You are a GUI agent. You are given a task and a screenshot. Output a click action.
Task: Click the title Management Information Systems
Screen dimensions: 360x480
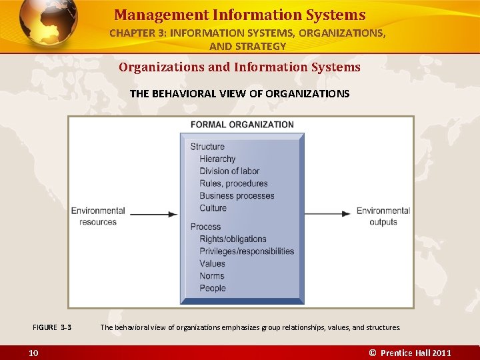[x=239, y=15]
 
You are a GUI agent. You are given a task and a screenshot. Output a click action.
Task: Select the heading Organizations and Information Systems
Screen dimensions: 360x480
[x=239, y=67]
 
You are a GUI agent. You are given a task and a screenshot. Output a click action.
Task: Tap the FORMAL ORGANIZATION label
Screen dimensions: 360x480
[x=242, y=125]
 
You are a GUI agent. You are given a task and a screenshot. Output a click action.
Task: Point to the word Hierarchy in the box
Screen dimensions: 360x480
[x=217, y=159]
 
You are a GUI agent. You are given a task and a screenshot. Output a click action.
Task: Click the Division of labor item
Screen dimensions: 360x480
[x=229, y=171]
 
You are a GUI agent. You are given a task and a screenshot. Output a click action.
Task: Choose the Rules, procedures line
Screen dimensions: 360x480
[x=233, y=183]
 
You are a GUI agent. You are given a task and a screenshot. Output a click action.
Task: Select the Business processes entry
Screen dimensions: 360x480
[x=237, y=196]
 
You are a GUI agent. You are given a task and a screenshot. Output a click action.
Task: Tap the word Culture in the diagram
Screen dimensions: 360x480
[x=213, y=208]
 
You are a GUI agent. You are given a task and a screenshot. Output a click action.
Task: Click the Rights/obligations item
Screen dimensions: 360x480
[x=233, y=239]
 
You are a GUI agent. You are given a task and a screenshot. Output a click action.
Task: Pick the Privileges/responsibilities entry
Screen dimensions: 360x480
[x=247, y=251]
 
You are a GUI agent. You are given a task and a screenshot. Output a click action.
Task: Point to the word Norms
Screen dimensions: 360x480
[x=212, y=276]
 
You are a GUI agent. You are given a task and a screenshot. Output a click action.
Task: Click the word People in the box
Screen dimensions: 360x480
[x=213, y=288]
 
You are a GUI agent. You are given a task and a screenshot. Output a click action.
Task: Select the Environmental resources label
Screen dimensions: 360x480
[x=98, y=216]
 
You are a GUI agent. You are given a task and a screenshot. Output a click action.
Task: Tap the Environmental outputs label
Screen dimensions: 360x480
[x=383, y=216]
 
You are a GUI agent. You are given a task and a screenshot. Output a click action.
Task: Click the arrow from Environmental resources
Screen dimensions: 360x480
[x=154, y=214]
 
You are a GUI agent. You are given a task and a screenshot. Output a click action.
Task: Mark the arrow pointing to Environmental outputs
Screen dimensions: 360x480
[x=327, y=214]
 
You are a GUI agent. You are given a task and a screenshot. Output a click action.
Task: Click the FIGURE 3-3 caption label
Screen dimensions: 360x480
[x=52, y=327]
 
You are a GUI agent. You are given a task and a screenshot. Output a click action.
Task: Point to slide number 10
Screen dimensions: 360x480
[x=33, y=353]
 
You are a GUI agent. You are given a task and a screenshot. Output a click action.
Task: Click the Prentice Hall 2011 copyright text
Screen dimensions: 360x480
[x=410, y=353]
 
